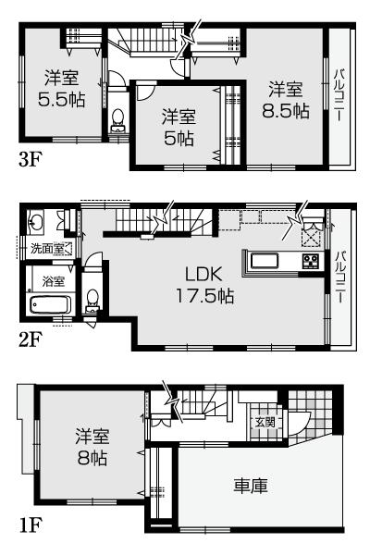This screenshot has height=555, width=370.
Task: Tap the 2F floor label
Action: pos(31,338)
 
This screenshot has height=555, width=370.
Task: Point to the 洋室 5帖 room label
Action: pos(178,128)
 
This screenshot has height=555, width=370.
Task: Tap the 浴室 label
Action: pos(53,280)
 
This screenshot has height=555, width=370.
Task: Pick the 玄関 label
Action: pos(265,422)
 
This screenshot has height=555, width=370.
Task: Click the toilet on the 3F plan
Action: pos(117,122)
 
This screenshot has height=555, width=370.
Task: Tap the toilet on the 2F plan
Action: pos(91,299)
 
